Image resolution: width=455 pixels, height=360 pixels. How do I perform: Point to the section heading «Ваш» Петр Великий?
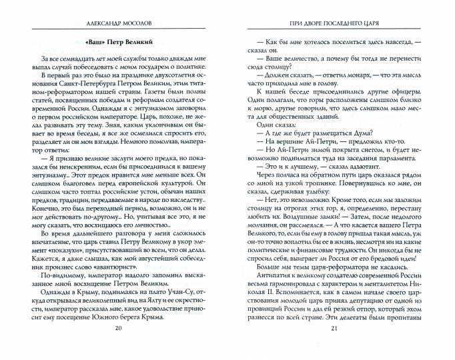pyautogui.click(x=119, y=42)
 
